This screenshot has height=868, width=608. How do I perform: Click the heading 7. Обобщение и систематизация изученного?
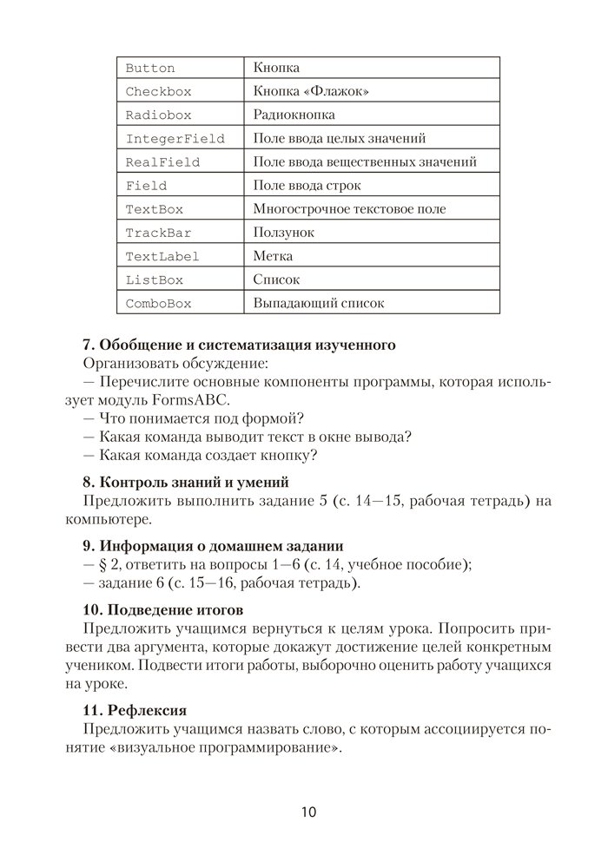pos(239,345)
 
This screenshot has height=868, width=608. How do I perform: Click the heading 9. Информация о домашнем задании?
pos(213,546)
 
